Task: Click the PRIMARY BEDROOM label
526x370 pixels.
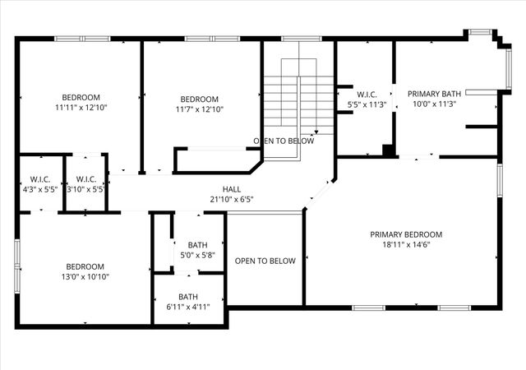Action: click(x=406, y=234)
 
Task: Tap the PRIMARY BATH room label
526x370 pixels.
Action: click(x=434, y=95)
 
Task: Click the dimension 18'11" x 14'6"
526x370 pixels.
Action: click(x=406, y=244)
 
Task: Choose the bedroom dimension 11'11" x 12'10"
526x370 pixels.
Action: click(x=81, y=108)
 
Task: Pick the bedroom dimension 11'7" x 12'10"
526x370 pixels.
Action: click(x=199, y=109)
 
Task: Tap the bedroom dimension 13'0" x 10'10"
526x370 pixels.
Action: click(x=85, y=276)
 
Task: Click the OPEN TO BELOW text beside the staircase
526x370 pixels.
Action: click(x=284, y=141)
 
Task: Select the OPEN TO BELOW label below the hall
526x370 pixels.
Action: click(x=265, y=261)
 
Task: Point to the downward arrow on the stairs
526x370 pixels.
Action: click(x=316, y=128)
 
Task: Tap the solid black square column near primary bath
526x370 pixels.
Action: click(x=386, y=150)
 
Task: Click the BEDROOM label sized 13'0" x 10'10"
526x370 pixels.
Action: click(x=85, y=266)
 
